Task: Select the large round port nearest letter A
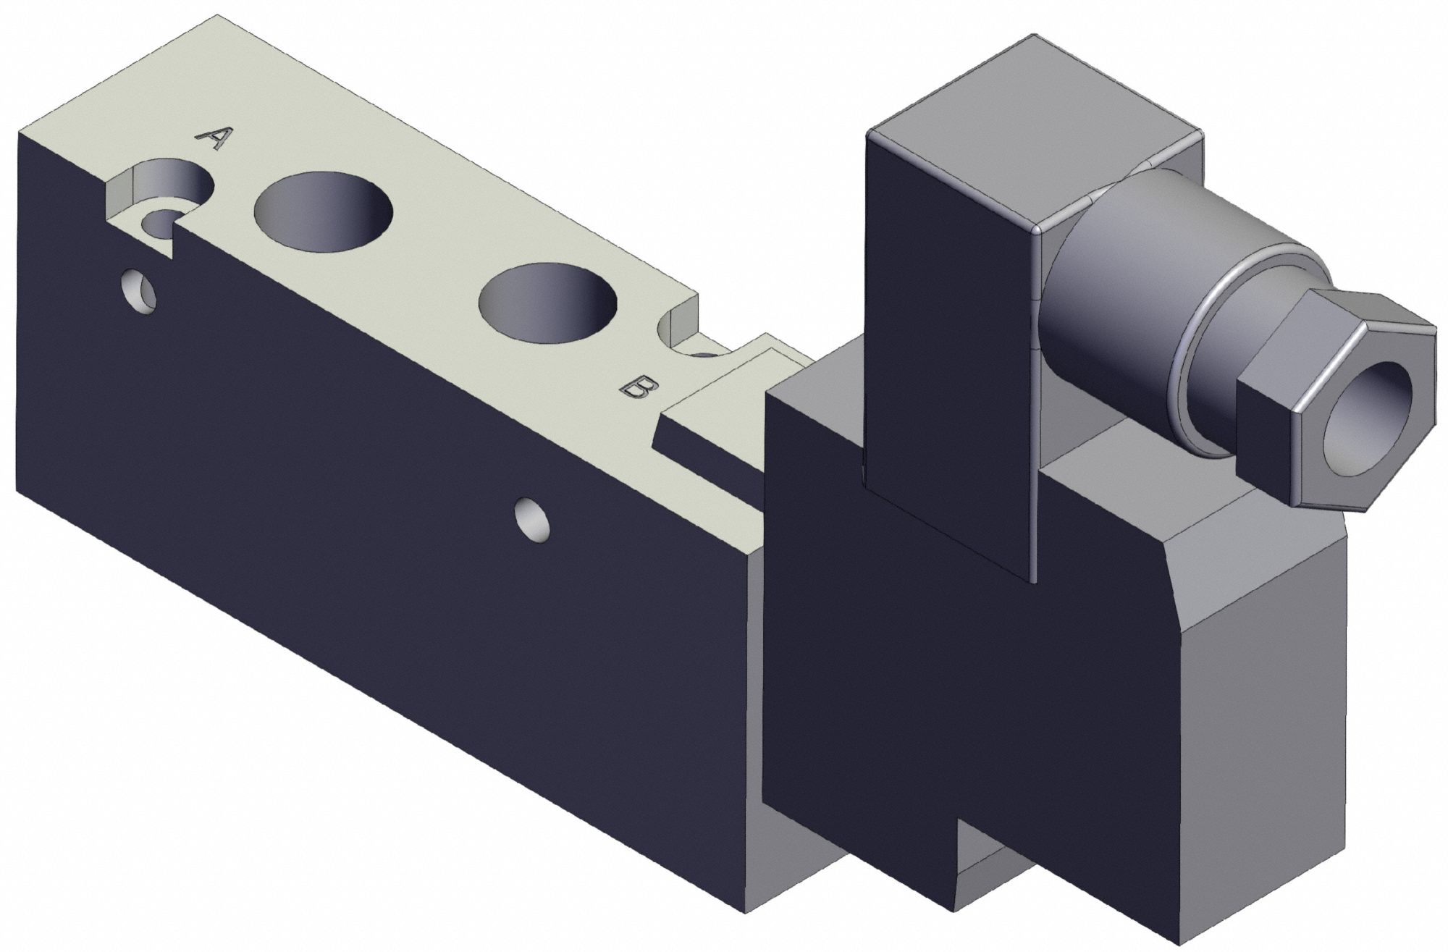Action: pos(324,211)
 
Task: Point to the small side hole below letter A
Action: pos(139,292)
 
